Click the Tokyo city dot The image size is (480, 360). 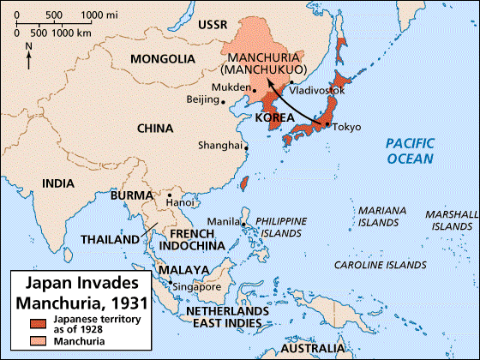coord(327,126)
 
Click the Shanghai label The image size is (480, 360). coord(219,145)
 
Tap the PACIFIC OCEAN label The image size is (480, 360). coord(410,151)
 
